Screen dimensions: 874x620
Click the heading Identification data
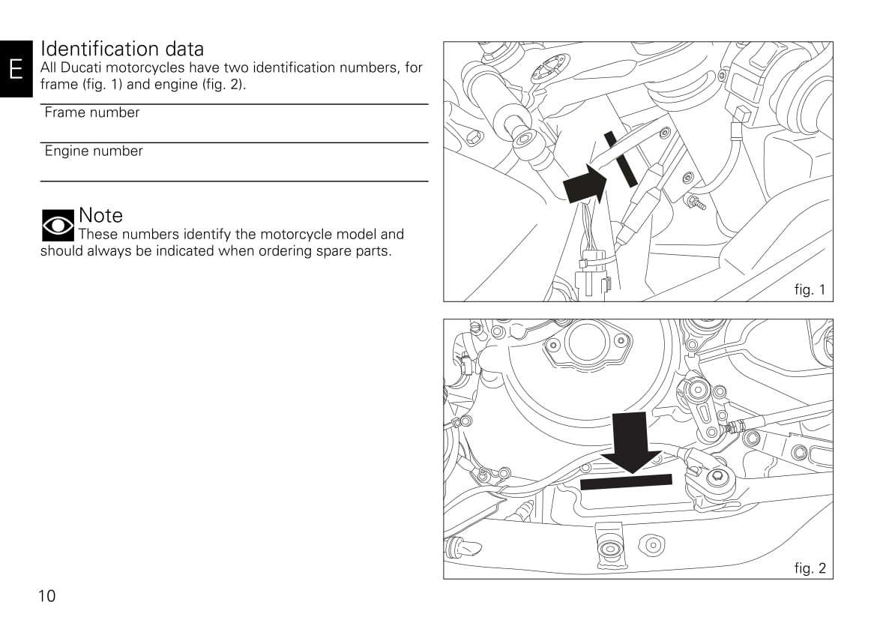click(122, 49)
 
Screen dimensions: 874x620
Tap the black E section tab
click(16, 69)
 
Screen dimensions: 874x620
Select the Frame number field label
click(92, 112)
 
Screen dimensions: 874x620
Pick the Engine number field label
click(94, 151)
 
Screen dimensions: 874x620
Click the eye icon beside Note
click(58, 226)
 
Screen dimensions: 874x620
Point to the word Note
click(101, 215)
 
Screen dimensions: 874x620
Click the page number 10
click(46, 596)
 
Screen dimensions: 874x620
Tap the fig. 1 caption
click(810, 290)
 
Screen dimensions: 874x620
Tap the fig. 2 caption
click(810, 568)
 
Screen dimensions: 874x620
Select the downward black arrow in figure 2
click(631, 442)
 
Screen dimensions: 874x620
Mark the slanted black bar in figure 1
click(621, 159)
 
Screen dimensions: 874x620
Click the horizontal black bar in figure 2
click(626, 482)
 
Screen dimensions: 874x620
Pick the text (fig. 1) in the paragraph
click(102, 85)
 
